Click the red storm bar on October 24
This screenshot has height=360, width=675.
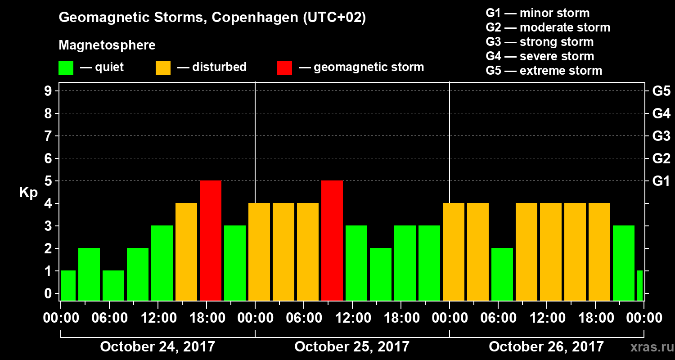[211, 240]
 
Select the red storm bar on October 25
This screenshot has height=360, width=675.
[332, 240]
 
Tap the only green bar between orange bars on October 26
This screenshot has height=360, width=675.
[502, 274]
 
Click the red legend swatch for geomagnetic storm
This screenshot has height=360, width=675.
[284, 67]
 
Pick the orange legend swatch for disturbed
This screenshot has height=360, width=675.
[163, 67]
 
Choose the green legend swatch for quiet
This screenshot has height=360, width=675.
[66, 67]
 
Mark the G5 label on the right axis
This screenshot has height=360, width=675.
[661, 91]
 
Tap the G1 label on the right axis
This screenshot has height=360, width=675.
[661, 181]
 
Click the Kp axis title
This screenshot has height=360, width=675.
[28, 193]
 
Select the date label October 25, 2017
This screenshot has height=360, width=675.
[352, 347]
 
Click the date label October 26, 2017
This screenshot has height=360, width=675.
[546, 347]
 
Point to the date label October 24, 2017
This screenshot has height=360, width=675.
[157, 347]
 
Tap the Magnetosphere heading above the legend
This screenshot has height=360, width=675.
[107, 45]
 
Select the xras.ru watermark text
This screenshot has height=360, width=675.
[648, 347]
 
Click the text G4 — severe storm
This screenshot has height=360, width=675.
[540, 56]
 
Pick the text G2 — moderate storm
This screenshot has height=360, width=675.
[548, 27]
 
